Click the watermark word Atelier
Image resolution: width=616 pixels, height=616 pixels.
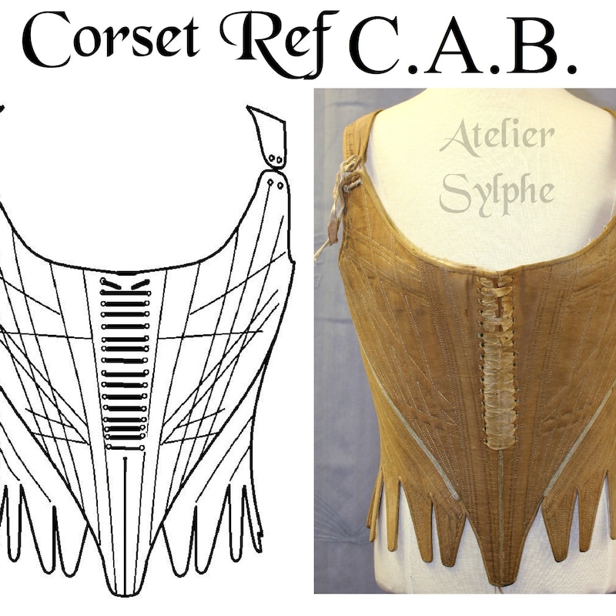497,138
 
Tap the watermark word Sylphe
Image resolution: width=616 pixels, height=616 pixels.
497,193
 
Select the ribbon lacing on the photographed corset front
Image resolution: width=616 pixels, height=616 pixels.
496,361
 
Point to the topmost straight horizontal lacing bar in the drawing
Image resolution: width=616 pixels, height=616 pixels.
126,293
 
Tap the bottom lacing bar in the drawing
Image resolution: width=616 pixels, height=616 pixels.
125,447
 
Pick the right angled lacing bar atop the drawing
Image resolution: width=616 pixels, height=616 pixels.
140,284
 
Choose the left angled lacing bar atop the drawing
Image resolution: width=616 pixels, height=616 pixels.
111,283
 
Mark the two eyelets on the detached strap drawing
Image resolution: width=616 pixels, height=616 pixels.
276,159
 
